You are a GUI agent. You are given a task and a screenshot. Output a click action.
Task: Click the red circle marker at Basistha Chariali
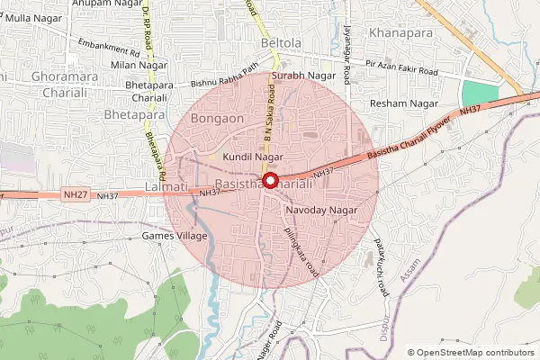point(268,181)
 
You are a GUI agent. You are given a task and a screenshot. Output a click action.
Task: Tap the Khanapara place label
point(400,33)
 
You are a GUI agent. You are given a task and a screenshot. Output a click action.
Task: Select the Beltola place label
point(279,43)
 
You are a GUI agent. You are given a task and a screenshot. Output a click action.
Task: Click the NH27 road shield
point(76,194)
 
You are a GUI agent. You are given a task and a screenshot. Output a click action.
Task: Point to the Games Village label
point(175,236)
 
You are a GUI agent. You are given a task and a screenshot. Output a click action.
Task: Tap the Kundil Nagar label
point(253,157)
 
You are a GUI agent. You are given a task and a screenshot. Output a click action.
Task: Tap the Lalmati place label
point(165,186)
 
